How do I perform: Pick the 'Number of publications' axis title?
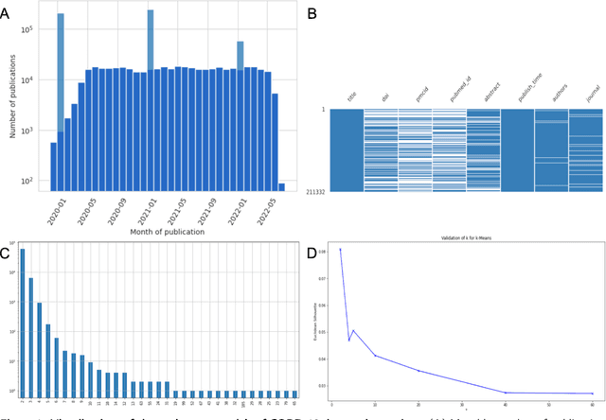(x=15, y=96)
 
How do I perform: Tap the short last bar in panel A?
(x=281, y=185)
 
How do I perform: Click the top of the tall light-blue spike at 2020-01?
(x=61, y=15)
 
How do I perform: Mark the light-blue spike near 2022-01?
(x=241, y=44)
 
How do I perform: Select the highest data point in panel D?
(x=340, y=251)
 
